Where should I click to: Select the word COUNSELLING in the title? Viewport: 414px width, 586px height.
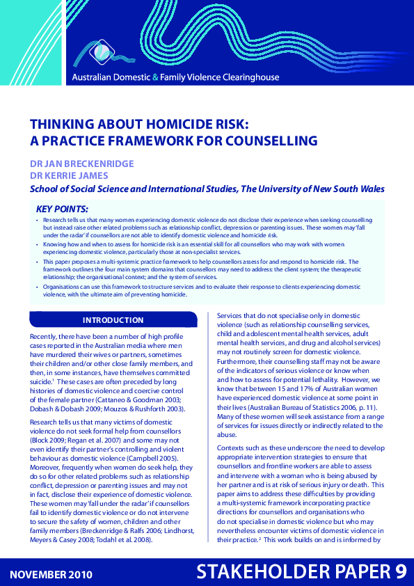click(x=268, y=141)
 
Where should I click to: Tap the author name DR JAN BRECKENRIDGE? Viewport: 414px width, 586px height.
click(x=81, y=163)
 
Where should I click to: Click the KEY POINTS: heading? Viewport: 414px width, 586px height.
click(x=62, y=208)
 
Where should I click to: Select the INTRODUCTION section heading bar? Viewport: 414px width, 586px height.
click(x=113, y=320)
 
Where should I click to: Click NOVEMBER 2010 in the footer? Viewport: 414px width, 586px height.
click(x=51, y=574)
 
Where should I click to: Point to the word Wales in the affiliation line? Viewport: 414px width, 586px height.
click(x=369, y=189)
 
